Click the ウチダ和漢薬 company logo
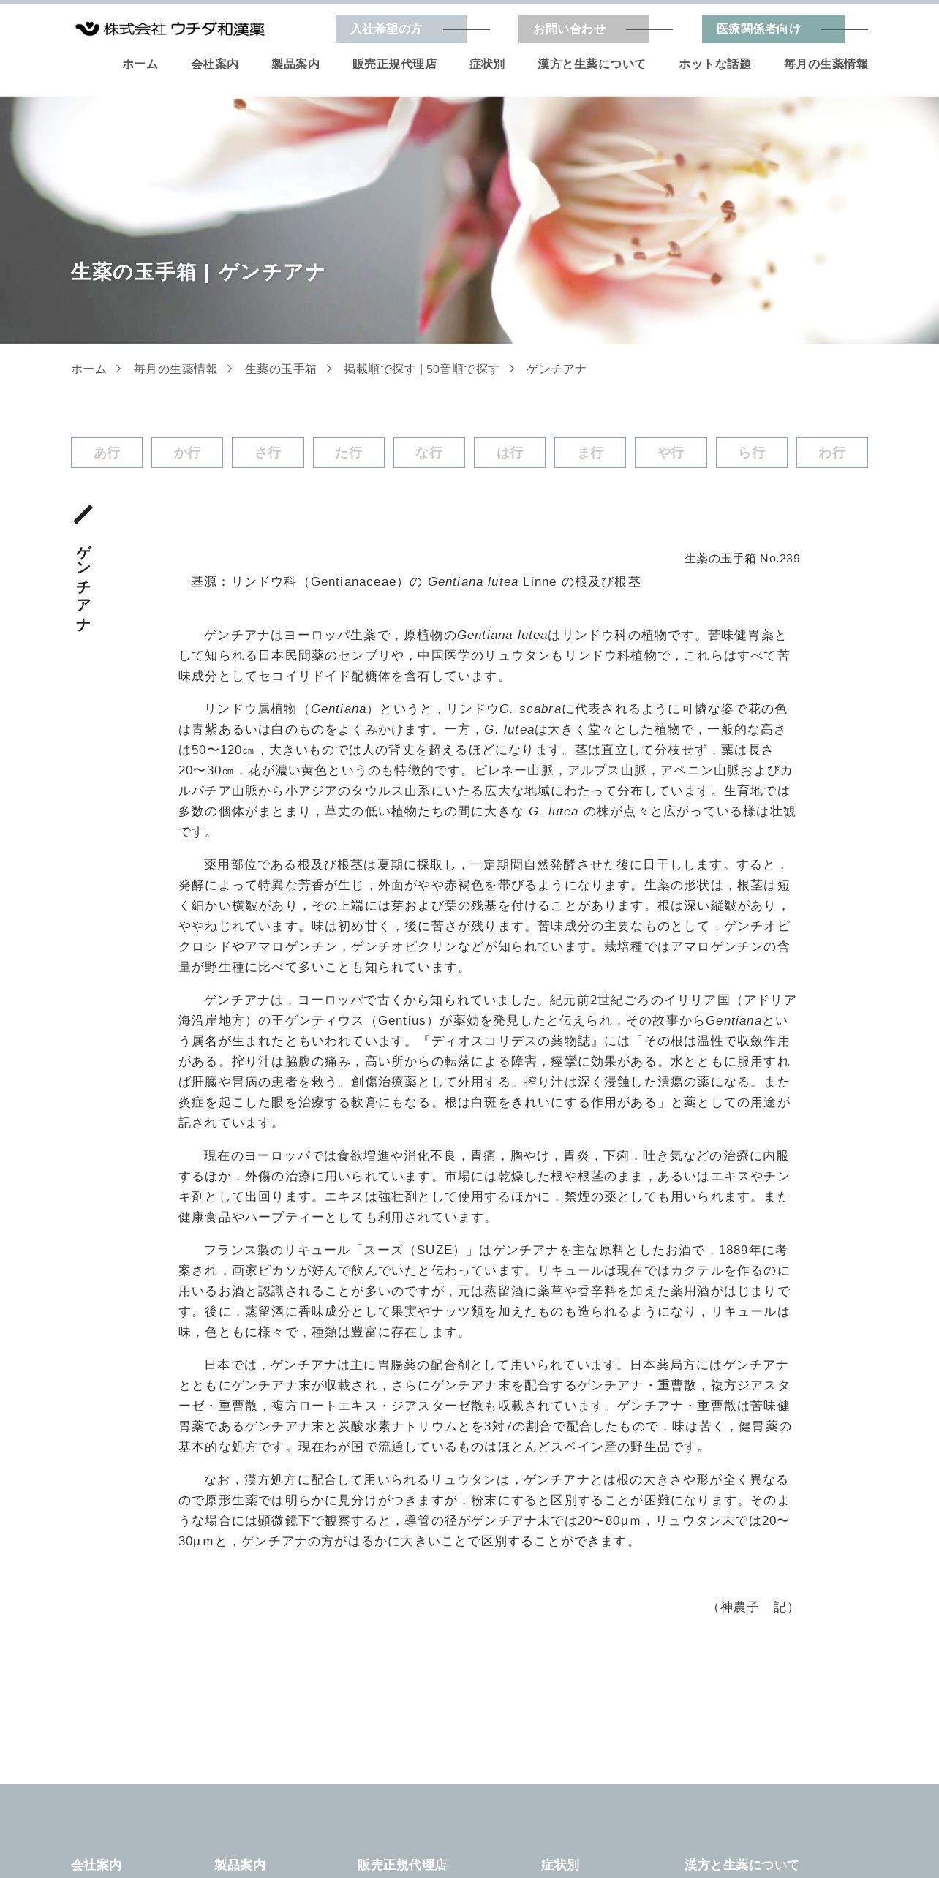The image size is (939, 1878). [170, 29]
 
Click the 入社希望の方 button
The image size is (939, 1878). [400, 29]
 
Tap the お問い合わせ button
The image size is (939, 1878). [583, 29]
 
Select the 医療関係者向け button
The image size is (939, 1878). [772, 29]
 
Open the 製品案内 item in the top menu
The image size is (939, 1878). [295, 64]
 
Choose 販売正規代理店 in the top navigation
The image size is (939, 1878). [394, 64]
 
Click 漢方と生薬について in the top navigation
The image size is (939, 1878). [591, 64]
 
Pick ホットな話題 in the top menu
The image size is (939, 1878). [714, 64]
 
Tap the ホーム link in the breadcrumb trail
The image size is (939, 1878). [88, 369]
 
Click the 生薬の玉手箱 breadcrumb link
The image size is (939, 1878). [280, 369]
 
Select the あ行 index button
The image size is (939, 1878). [107, 453]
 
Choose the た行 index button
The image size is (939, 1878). [348, 453]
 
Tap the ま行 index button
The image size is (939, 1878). [590, 453]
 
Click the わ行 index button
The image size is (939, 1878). [831, 453]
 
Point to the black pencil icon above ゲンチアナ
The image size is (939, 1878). [83, 514]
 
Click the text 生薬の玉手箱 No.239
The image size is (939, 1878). [742, 559]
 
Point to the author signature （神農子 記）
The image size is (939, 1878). [753, 1607]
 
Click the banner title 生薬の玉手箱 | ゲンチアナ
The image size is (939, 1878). [197, 272]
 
